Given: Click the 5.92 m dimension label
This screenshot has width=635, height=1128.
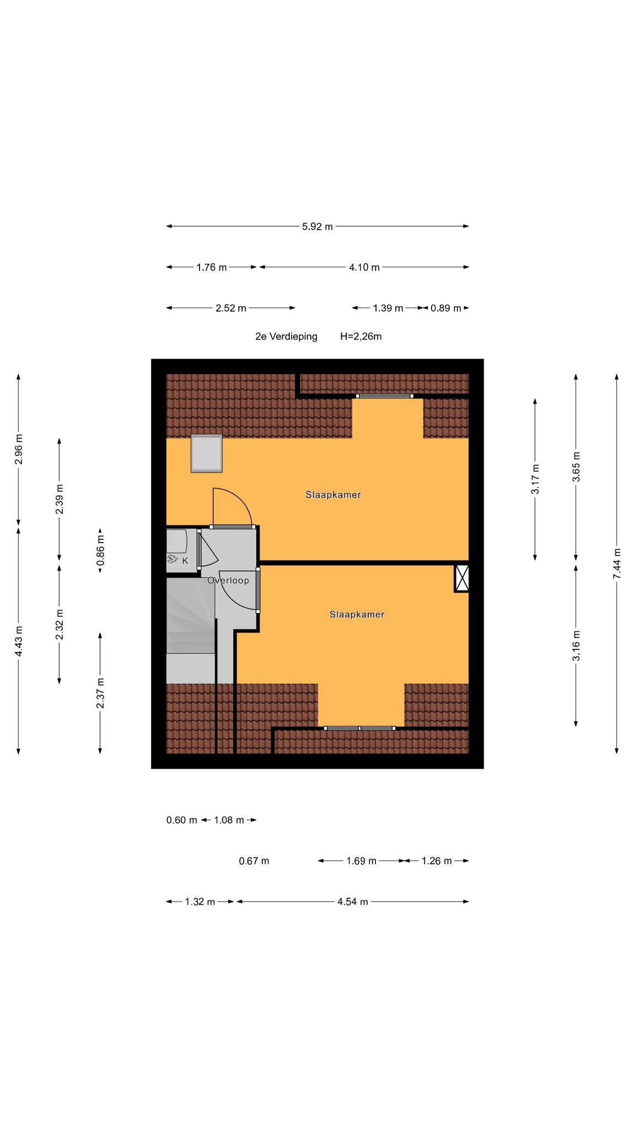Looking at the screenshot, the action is click(317, 226).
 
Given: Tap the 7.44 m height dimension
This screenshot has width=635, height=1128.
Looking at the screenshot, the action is click(617, 563).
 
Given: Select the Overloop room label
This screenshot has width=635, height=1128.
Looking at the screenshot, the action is click(228, 581).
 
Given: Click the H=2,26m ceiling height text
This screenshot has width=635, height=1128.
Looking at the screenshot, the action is click(361, 337).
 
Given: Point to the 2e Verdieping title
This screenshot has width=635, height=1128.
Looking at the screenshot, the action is click(286, 337).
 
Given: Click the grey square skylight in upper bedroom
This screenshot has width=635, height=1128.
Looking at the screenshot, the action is click(207, 453).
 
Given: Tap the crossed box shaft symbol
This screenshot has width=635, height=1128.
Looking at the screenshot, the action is click(462, 578).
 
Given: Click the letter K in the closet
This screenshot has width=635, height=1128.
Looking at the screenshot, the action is click(185, 561).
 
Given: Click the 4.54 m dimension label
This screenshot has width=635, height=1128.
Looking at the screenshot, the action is click(353, 902).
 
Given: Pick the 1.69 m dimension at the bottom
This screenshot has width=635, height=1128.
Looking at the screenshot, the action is click(362, 861).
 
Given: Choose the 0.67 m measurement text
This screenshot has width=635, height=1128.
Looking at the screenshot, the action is click(254, 861).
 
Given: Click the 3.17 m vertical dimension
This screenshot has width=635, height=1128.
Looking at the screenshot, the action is click(535, 479).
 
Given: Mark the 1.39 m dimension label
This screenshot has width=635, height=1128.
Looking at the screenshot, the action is click(388, 308).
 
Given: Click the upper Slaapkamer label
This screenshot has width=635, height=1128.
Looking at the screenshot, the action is click(333, 495).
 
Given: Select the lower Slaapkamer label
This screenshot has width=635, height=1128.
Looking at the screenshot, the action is click(357, 614).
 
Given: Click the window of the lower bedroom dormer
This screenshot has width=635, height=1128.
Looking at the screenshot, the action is click(360, 728).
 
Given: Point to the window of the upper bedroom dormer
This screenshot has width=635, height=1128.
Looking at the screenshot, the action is click(385, 396).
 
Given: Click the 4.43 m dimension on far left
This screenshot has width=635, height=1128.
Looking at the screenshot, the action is click(19, 641).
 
